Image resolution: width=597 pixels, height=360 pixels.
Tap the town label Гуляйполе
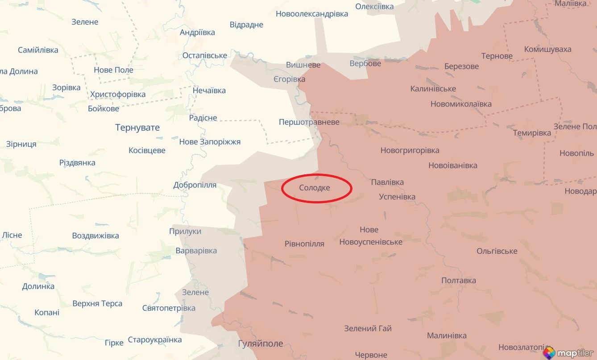coord(261,343)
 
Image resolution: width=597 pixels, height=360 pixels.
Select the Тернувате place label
coord(137,128)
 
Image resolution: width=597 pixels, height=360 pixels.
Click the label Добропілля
coord(195,185)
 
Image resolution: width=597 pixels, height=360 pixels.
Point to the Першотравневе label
coord(309,122)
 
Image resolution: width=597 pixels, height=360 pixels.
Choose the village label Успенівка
coord(397,197)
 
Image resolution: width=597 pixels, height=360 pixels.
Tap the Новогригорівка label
coord(410,150)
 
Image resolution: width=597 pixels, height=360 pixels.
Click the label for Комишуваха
coord(547,49)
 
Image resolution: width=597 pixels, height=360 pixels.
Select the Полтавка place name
coord(458,280)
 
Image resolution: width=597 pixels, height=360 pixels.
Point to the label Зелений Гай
coord(368,328)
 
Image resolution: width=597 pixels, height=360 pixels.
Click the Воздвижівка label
coord(95,236)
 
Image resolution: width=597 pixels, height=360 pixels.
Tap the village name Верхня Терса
coord(97,303)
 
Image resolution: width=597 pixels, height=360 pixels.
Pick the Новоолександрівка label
coord(311,14)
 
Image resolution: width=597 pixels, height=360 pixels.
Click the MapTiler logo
coord(568,353)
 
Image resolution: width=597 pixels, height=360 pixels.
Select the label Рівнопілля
coord(304,244)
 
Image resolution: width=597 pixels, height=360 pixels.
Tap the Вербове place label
coord(365,63)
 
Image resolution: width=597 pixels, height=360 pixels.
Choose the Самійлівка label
coord(38,50)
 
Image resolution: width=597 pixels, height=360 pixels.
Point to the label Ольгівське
coord(497,251)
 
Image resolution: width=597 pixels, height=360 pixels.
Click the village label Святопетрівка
coord(169,308)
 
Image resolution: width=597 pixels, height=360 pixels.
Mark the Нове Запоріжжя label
coord(210,142)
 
